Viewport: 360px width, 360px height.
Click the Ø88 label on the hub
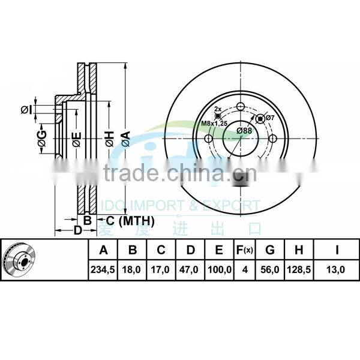[x=244, y=130]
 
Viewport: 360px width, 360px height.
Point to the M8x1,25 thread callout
[x=214, y=123]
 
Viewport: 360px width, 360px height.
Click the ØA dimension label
[x=125, y=139]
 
